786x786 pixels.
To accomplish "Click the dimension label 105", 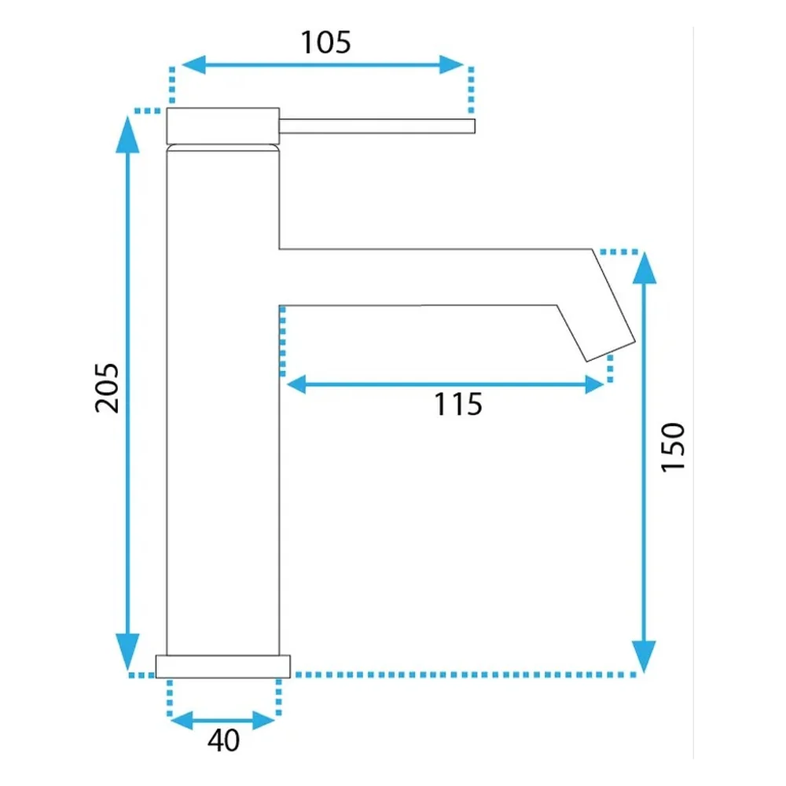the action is (326, 42).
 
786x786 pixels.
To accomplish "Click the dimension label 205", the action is (107, 388).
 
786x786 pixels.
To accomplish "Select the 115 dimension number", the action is (458, 404).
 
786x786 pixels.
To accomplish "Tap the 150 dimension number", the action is (673, 447).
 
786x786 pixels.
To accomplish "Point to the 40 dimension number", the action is (223, 740).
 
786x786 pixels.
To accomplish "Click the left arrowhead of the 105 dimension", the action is (193, 64).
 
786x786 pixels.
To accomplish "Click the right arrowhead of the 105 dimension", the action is (452, 64).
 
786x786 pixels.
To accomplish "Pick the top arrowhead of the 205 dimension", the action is (127, 134).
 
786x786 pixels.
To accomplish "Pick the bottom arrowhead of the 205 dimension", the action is (127, 652).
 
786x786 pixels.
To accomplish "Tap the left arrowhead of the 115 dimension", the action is (296, 384).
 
